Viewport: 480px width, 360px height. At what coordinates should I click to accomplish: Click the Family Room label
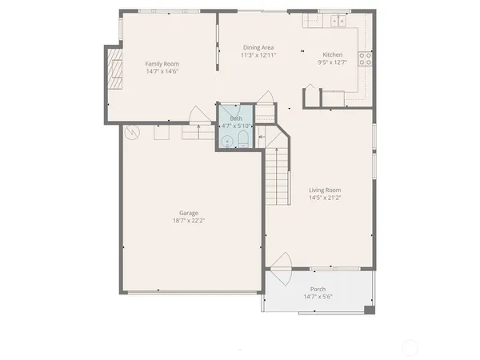[162, 63]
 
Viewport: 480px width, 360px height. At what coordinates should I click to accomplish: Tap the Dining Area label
[259, 48]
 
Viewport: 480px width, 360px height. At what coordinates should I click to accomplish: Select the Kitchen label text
[332, 54]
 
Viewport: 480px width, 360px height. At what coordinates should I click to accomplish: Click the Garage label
[189, 213]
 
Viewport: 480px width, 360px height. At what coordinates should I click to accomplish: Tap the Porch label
[318, 290]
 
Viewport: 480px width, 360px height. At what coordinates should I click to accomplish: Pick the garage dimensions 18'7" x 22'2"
[189, 221]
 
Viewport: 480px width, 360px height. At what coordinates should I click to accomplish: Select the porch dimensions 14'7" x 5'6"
[318, 297]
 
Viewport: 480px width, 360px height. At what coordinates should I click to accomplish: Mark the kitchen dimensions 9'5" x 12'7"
[333, 62]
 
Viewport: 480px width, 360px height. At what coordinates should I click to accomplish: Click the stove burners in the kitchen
[365, 58]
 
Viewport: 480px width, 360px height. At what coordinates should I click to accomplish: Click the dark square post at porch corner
[367, 309]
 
